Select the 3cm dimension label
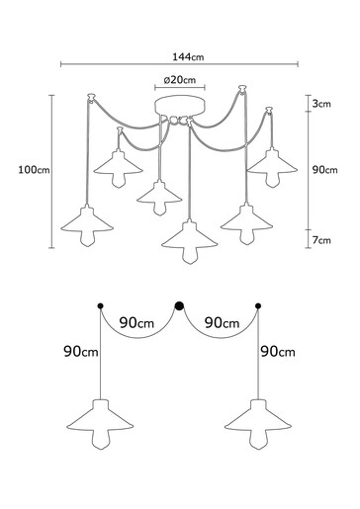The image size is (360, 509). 318,104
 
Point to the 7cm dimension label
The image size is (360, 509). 318,240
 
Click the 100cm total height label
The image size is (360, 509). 34,170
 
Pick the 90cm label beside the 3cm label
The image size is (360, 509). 324,170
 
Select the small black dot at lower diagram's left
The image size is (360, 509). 100,306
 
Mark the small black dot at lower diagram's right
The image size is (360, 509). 259,306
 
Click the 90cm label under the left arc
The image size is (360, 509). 138,323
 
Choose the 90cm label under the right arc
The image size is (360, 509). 220,323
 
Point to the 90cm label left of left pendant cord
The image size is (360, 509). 79,352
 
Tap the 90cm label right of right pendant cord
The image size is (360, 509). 278,352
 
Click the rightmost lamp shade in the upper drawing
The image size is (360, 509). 272,161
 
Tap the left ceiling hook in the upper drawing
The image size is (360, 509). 92,99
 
